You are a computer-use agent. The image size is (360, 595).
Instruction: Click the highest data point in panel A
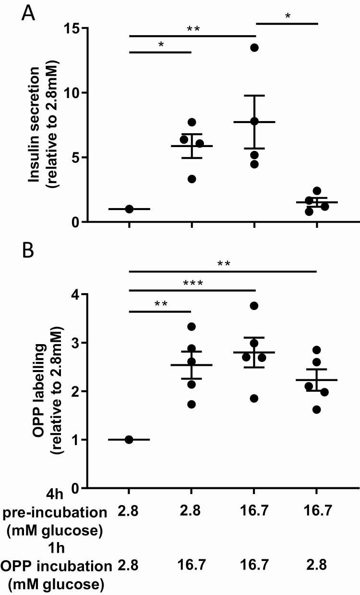pyautogui.click(x=254, y=47)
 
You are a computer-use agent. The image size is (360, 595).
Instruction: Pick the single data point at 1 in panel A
pyautogui.click(x=129, y=209)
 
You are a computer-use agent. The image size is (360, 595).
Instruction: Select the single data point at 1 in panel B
pyautogui.click(x=129, y=439)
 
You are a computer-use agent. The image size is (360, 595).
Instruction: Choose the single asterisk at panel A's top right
pyautogui.click(x=287, y=17)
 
